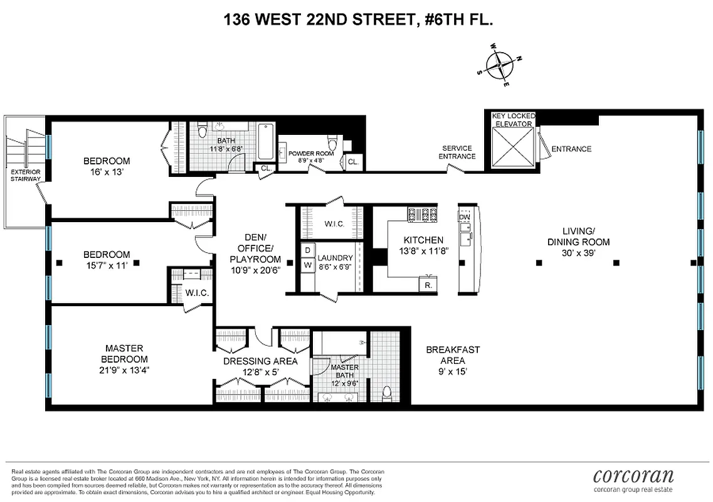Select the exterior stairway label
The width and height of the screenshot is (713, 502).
click(26, 174)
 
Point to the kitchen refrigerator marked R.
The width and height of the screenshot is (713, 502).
click(428, 284)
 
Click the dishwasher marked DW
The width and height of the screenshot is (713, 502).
click(465, 217)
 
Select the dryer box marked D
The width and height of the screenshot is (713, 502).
click(307, 250)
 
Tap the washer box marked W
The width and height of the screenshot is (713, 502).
click(307, 265)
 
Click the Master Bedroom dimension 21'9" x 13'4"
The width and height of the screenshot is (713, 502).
click(124, 371)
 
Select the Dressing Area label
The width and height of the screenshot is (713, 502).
click(260, 361)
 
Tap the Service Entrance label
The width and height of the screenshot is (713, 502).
click(456, 152)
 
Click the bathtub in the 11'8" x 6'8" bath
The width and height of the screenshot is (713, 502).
click(265, 141)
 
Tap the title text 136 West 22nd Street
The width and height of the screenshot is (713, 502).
click(358, 20)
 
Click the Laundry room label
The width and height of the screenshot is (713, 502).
click(335, 258)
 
